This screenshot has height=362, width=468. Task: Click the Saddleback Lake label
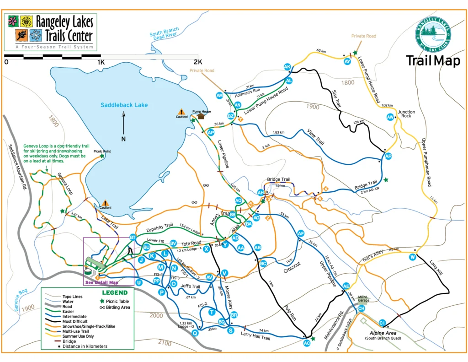[124, 105]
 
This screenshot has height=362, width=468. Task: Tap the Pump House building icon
[201, 116]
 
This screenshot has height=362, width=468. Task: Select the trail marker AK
[287, 67]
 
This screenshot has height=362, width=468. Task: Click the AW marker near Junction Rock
[390, 117]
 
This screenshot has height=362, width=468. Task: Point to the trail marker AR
[388, 157]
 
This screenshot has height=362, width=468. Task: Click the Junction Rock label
[406, 113]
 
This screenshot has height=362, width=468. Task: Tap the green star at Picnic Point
[102, 156]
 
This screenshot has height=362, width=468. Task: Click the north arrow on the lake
[123, 125]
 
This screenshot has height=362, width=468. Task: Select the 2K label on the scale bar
[197, 62]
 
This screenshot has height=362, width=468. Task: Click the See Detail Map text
[101, 282]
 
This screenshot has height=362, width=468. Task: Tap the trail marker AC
[306, 341]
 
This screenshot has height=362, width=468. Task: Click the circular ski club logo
[433, 34]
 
